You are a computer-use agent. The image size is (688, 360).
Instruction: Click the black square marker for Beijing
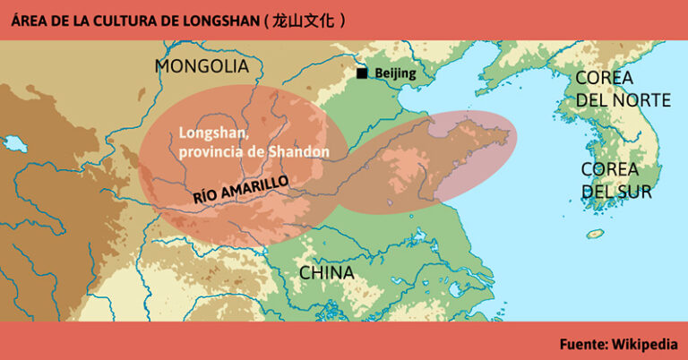click(x=361, y=73)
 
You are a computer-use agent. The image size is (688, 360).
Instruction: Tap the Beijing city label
click(x=395, y=73)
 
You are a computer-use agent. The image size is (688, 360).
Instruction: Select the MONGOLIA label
click(x=202, y=66)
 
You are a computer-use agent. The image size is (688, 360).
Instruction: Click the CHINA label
click(x=325, y=272)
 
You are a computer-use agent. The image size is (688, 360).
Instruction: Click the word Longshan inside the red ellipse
click(x=212, y=133)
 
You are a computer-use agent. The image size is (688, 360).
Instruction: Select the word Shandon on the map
click(x=299, y=151)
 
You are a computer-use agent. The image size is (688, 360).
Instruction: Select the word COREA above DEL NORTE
click(x=604, y=78)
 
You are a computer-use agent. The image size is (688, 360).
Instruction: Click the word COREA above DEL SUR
click(x=609, y=169)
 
